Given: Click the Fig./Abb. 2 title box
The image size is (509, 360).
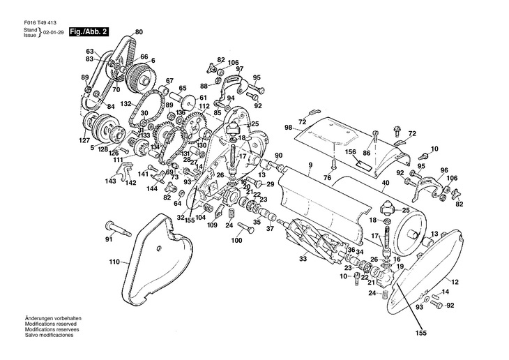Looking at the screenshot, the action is click(x=89, y=32).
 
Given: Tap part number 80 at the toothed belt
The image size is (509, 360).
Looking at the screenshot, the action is click(x=139, y=32).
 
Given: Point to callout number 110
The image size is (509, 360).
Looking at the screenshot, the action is click(x=114, y=262).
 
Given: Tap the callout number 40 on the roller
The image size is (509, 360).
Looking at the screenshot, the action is click(x=385, y=183).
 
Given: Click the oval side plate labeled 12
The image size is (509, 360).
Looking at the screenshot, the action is click(x=424, y=271).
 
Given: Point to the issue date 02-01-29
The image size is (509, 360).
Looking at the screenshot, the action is click(x=53, y=33).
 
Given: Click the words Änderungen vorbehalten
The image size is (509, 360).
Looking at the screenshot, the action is click(x=53, y=318).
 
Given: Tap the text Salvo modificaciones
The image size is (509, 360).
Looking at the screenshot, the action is click(x=49, y=335).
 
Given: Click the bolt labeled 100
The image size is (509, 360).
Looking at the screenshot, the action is click(x=246, y=227).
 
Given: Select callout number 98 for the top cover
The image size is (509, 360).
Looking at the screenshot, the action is click(x=288, y=128).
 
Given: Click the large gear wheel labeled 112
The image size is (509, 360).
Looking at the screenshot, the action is click(x=195, y=126).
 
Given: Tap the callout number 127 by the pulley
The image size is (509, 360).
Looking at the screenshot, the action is click(x=84, y=140).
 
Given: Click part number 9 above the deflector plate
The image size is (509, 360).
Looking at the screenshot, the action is click(x=310, y=165).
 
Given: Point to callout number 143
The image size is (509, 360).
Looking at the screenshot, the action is click(x=110, y=181).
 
